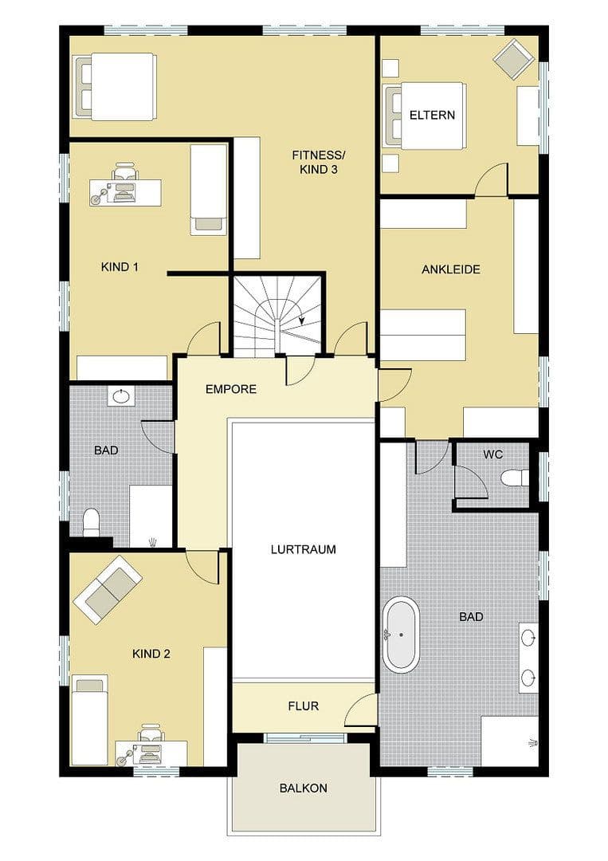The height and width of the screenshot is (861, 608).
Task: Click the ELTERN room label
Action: pos(432,115)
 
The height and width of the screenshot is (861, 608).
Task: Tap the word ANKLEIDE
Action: pos(451,269)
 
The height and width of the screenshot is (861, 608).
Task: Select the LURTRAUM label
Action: pos(303,549)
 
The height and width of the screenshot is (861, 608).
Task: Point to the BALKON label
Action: pos(303,788)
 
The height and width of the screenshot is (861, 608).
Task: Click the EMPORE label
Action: pos(231,389)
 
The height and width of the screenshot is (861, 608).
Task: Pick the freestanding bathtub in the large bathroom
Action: pos(401,635)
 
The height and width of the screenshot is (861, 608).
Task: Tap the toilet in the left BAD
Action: pos(91,522)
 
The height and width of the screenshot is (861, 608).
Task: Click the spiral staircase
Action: pos(277,315)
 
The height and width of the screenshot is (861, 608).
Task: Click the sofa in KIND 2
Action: pos(108,589)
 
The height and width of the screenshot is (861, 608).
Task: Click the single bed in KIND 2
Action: pos(89,718)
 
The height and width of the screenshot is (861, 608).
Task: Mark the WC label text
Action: pos(493,454)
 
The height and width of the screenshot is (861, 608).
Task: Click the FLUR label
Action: pos(303,706)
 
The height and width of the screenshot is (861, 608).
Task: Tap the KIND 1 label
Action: pos(120,267)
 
